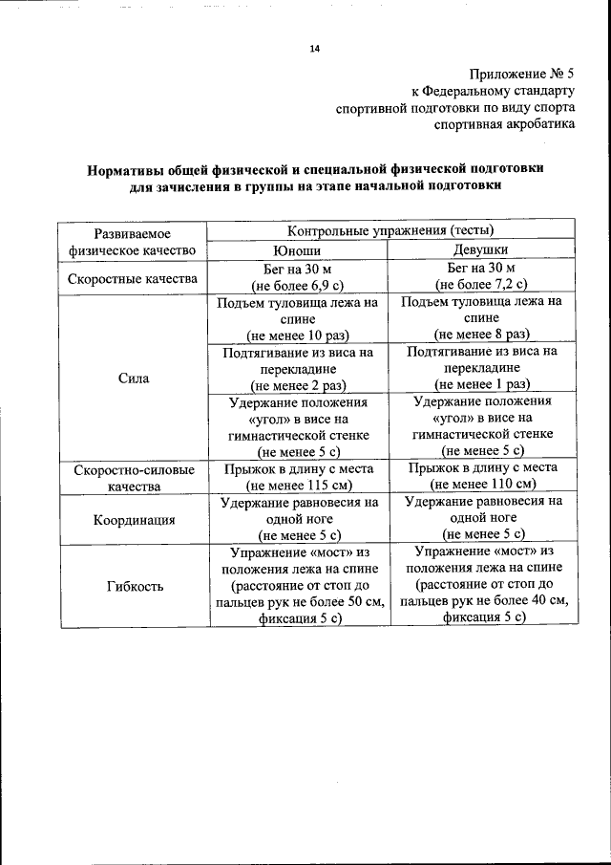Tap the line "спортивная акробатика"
505,124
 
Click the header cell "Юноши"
297,249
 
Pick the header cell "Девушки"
481,249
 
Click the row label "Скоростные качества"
133,279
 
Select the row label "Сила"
133,378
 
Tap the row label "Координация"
133,520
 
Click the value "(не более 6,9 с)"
297,286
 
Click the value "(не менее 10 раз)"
297,335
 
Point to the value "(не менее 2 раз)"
297,385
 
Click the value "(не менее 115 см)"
297,485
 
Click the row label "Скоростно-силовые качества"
133,478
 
